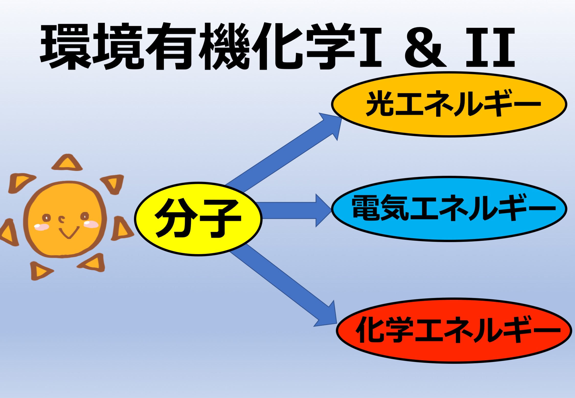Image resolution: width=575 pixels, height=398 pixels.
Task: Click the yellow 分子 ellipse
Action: coord(198,219)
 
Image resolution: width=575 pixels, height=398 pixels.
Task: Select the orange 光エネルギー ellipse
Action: coord(449,104)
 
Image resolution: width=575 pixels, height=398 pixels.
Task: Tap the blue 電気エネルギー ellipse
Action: coord(449,209)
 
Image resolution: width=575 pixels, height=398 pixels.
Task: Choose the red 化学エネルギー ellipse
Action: coord(454,330)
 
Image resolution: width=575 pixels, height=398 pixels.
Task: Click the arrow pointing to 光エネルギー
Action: coord(284,152)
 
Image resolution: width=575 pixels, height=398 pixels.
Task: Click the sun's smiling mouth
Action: coord(69,232)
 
